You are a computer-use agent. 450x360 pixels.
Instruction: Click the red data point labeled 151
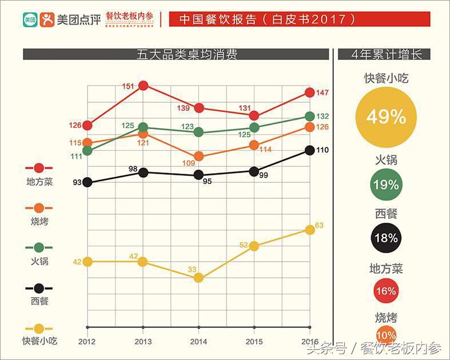[x=143, y=86]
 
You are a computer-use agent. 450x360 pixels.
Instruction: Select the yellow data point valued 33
[x=198, y=278]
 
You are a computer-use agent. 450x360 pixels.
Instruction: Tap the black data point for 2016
[x=309, y=150]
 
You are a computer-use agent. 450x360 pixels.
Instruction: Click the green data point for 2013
[x=143, y=127]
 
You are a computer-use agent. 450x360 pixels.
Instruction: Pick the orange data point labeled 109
[x=198, y=156]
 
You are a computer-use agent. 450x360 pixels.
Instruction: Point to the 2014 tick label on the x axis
[x=198, y=341]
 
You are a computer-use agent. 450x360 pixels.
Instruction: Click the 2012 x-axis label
[x=87, y=341]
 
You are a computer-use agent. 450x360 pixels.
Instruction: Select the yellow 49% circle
[x=386, y=117]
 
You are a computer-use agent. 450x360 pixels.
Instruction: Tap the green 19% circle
[x=386, y=185]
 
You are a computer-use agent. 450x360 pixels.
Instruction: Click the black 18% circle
[x=386, y=238]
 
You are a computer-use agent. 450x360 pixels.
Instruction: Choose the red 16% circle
[x=386, y=291]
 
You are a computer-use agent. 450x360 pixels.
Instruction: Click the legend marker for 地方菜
[x=39, y=168]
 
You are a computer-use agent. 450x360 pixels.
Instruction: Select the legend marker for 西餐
[x=39, y=288]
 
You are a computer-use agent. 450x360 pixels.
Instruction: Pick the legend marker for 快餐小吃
[x=39, y=329]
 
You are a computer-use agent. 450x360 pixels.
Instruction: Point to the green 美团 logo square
[x=30, y=19]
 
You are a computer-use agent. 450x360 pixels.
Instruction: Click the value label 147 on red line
[x=322, y=93]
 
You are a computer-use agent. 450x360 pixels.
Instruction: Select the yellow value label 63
[x=319, y=226]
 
